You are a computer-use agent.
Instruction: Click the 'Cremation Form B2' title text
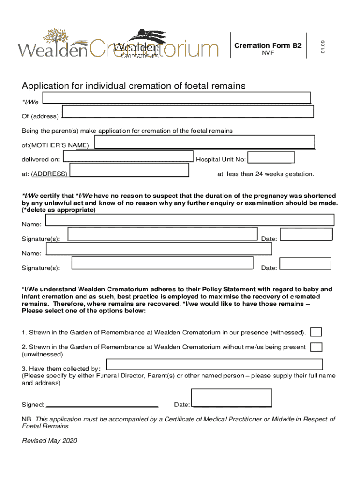[x=267, y=45]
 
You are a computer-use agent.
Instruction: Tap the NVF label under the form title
[x=267, y=53]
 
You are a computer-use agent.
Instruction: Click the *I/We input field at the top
[x=176, y=97]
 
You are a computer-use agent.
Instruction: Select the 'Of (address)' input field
[x=187, y=111]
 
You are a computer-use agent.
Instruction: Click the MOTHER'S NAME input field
[x=204, y=142]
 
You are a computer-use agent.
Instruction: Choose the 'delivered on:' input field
[x=128, y=156]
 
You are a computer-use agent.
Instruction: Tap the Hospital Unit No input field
[x=271, y=158]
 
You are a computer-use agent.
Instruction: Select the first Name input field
[x=190, y=220]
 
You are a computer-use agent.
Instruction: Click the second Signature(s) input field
[x=162, y=263]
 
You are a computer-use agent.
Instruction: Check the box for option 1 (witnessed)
[x=317, y=332]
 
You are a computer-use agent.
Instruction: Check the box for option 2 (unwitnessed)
[x=317, y=347]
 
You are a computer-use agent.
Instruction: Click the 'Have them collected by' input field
[x=214, y=364]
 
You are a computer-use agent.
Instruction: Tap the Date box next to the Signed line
[x=232, y=398]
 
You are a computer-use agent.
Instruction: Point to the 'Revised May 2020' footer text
[x=50, y=441]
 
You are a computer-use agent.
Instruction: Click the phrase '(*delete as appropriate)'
[x=59, y=210]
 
